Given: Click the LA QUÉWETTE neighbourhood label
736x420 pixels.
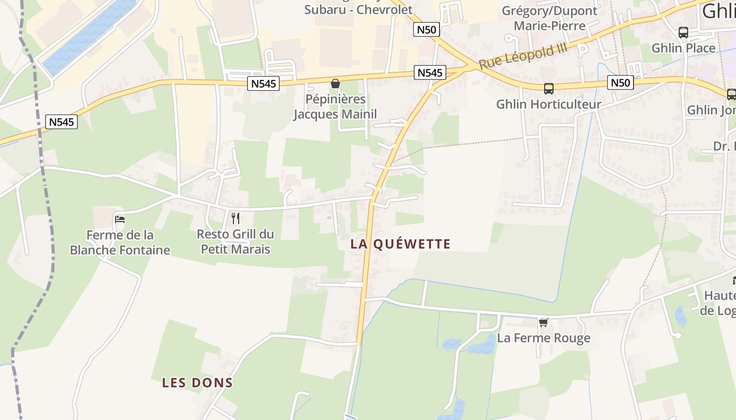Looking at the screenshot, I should pos(401,244).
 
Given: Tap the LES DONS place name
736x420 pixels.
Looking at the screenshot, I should pos(197,383).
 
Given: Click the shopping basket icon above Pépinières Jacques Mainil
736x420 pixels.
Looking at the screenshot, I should pos(335,83).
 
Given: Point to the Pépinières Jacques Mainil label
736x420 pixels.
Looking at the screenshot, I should pos(335,107).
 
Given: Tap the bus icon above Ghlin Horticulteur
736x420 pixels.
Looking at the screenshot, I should pos(548,89).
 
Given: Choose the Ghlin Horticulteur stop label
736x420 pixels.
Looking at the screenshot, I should pos(548,104).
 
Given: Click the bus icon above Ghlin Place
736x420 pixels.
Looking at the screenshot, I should pos(683,33).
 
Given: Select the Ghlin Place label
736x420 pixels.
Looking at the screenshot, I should pos(683,48).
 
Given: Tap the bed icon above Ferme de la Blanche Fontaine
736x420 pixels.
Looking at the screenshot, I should pos(120,219).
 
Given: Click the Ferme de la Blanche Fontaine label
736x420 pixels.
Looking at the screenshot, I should pos(120,243).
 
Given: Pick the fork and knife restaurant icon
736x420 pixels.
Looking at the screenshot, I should pos(236,218).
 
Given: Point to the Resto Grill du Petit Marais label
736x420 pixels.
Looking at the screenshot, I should pos(236,241).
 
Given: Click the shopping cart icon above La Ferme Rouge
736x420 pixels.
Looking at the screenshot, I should pos(543,322).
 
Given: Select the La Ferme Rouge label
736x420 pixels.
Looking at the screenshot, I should pos(544,338).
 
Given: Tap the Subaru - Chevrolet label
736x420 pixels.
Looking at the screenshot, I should pos(359,10).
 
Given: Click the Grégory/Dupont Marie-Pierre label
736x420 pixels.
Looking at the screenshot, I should pos(550,18).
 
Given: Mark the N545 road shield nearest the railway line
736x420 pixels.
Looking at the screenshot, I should pos(62,122).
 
